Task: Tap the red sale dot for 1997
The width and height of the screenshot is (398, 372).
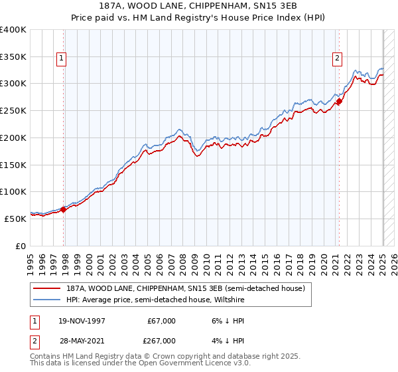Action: click(x=64, y=209)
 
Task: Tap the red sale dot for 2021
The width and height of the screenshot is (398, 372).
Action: click(x=339, y=102)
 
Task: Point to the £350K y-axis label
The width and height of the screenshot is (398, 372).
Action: click(x=13, y=56)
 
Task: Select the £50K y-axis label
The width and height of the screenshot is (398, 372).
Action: click(x=16, y=219)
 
